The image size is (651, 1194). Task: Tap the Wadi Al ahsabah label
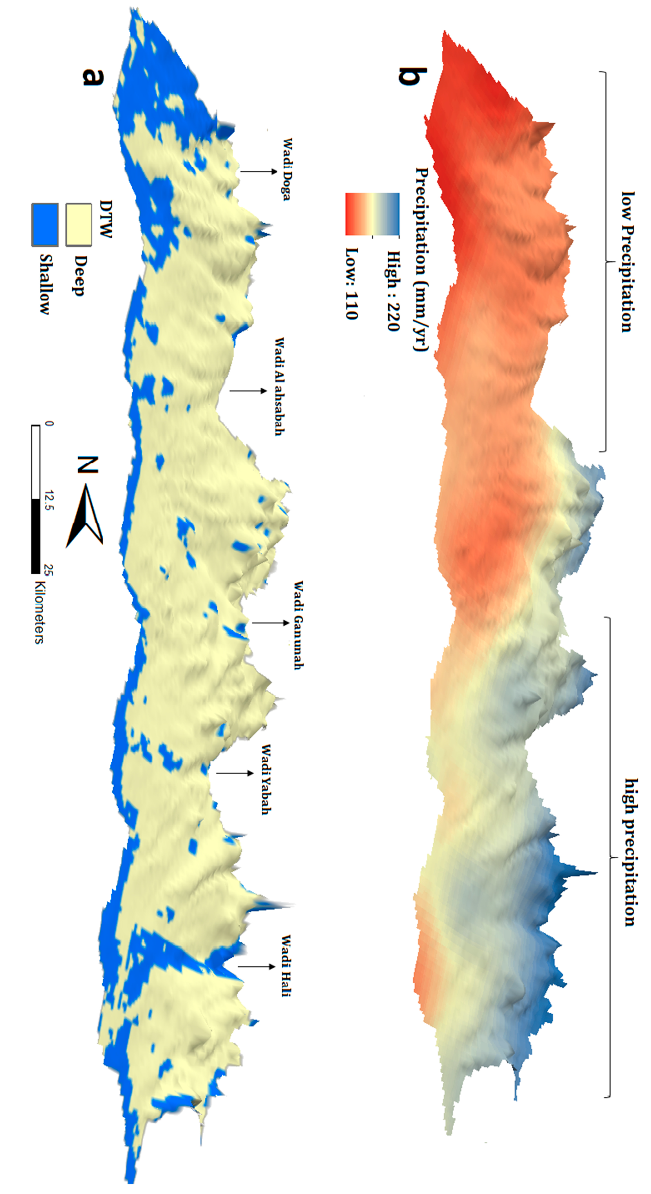[x=279, y=386]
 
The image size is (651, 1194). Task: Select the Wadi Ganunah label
[x=298, y=625]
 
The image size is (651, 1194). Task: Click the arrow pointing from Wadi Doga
[x=259, y=171]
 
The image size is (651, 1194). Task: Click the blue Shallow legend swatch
[x=45, y=224]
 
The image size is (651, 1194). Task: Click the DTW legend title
[x=106, y=219]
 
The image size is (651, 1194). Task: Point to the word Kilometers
[x=39, y=612]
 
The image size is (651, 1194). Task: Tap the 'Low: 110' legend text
[x=352, y=284]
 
